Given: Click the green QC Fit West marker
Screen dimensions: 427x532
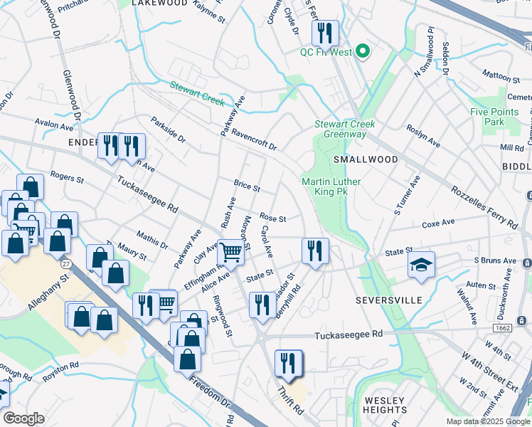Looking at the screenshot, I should click(x=363, y=51).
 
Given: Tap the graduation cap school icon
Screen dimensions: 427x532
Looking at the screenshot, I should click(x=420, y=266).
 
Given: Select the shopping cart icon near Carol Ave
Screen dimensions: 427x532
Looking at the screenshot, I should click(x=230, y=251).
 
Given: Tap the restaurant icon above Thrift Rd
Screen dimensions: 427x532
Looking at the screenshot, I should click(x=288, y=362).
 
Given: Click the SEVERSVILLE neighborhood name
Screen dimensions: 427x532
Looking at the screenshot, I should click(x=388, y=300).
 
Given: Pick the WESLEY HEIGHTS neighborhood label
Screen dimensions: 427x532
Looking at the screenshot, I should click(x=384, y=404).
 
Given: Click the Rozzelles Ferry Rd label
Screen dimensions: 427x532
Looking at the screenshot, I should click(x=484, y=207).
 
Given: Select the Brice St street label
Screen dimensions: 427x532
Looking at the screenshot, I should click(x=247, y=186).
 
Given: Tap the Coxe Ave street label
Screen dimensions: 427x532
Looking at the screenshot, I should click(x=438, y=223).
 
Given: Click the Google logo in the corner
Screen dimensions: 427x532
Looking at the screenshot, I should click(x=23, y=418).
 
